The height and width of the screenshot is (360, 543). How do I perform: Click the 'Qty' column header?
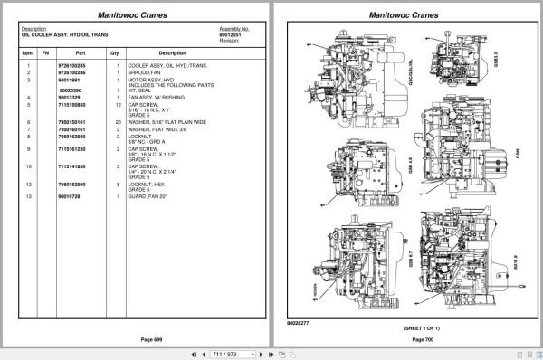pyautogui.click(x=115, y=52)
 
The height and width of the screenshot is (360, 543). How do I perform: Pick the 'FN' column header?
pyautogui.click(x=48, y=52)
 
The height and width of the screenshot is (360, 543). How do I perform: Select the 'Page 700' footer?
pyautogui.click(x=424, y=338)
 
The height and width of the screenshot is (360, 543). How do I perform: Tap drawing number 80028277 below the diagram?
pyautogui.click(x=299, y=321)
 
